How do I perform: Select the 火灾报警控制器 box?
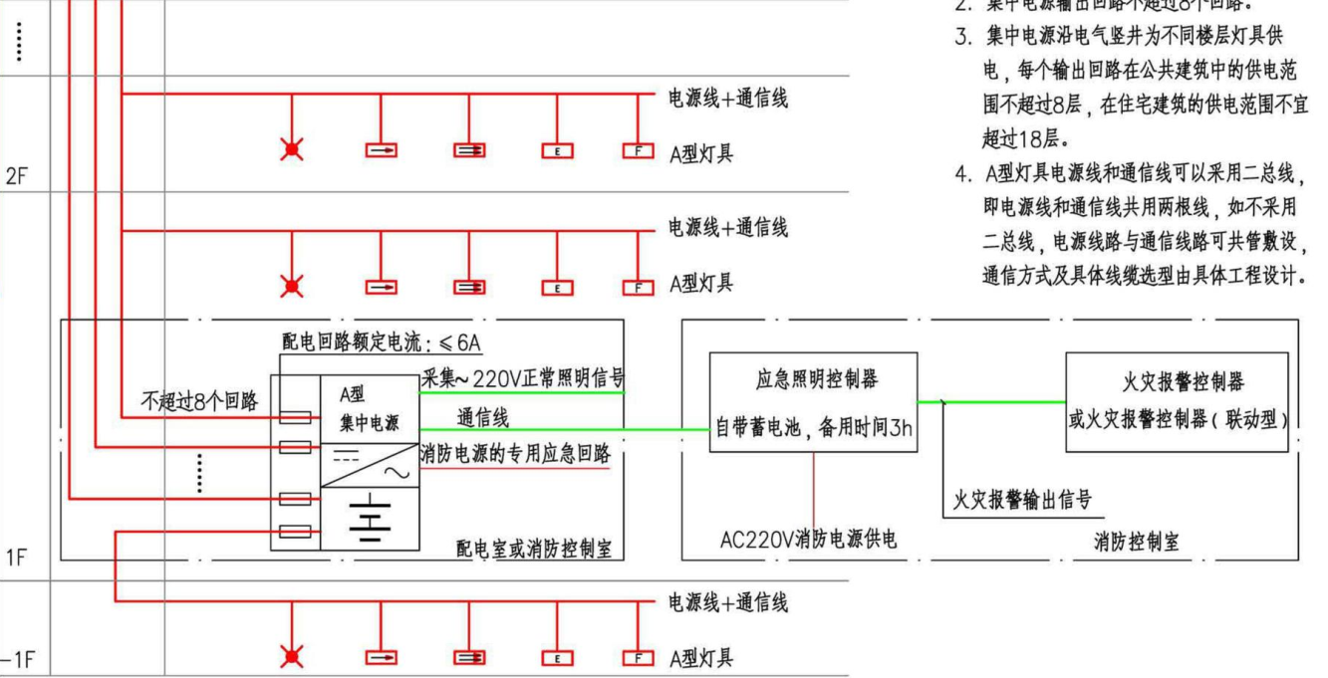(x=1177, y=401)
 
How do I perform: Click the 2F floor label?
(x=17, y=176)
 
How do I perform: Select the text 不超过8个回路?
(x=198, y=401)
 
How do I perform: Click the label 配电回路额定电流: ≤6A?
(x=382, y=343)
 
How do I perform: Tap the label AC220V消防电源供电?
(x=808, y=540)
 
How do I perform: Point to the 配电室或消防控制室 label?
(x=533, y=549)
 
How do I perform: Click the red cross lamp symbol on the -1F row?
(x=292, y=656)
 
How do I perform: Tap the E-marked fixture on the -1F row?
(x=557, y=657)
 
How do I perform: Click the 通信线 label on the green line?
(x=482, y=418)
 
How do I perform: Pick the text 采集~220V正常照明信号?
(x=522, y=378)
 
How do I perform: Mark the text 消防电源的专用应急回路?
(x=515, y=453)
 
